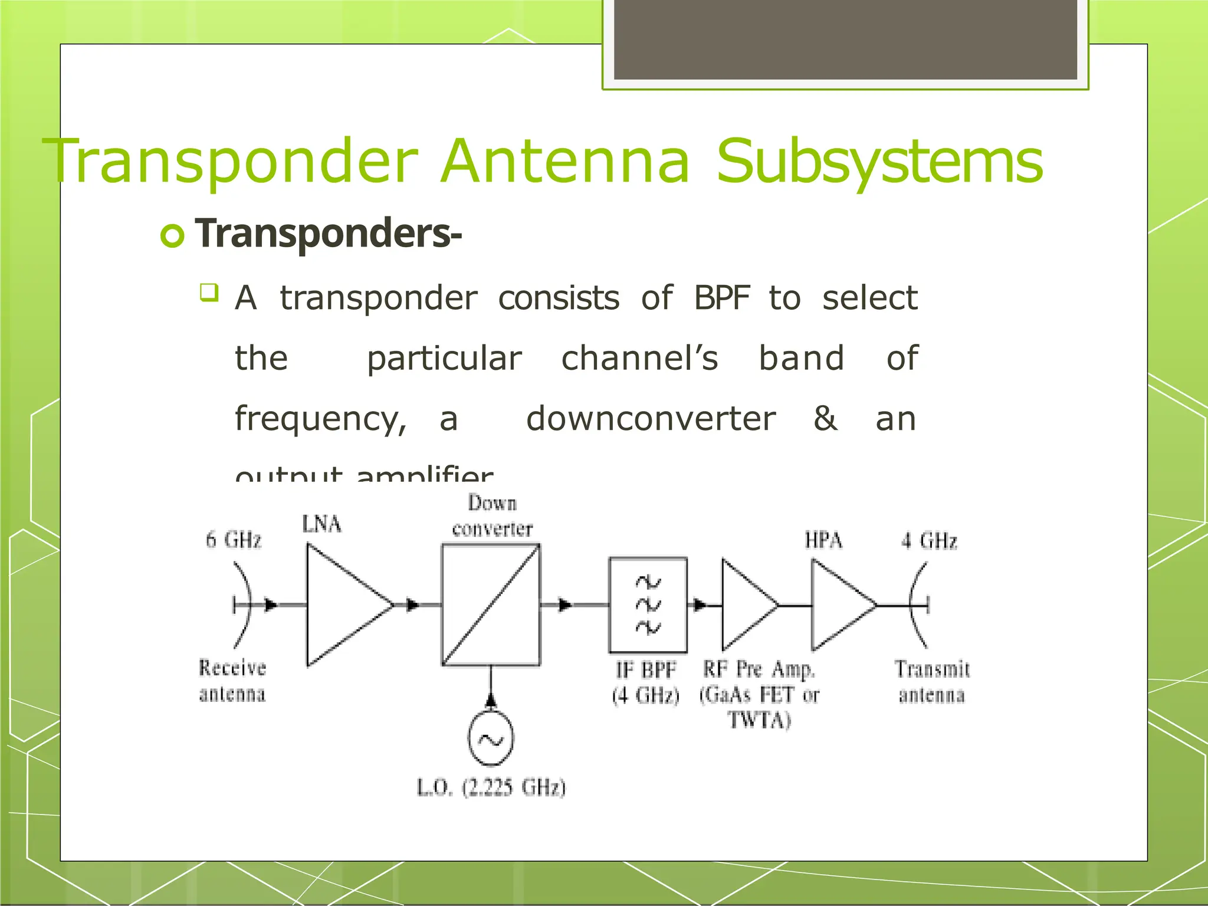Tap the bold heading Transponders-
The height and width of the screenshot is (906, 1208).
[x=328, y=234]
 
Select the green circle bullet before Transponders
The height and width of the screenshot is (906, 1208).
[x=172, y=236]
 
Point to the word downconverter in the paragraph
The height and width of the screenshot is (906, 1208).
[x=650, y=419]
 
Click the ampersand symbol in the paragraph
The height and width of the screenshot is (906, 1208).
[x=825, y=419]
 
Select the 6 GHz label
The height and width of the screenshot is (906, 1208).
[x=233, y=540]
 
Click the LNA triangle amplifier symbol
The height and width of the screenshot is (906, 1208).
[x=342, y=605]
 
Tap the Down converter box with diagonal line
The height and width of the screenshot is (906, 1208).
[x=491, y=605]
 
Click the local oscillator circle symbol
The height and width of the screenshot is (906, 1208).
[x=490, y=739]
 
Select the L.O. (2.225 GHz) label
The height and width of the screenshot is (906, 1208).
[x=491, y=787]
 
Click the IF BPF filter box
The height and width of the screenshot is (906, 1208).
[x=648, y=605]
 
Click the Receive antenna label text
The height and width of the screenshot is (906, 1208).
[x=232, y=681]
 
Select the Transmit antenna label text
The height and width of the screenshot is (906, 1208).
[x=932, y=682]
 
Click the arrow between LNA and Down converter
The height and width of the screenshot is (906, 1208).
[x=413, y=605]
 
